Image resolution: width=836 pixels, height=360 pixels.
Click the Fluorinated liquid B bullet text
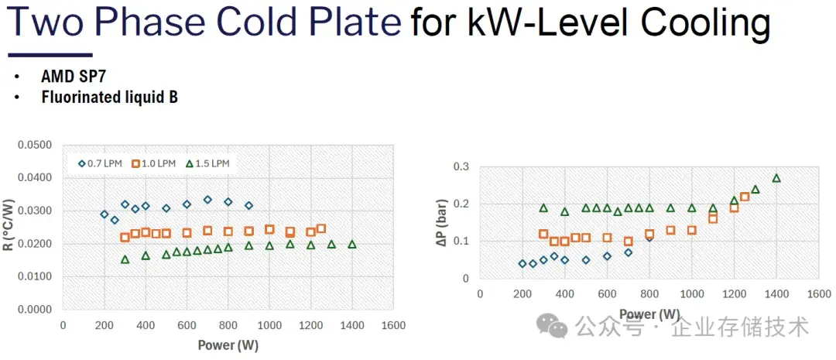109,98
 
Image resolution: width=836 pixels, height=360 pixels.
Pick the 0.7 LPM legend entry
101,163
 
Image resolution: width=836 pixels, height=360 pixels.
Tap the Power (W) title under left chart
228,344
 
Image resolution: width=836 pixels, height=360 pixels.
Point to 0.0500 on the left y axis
35,145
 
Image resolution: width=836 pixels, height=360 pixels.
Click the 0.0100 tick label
35,276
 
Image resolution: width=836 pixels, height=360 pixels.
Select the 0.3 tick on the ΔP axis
462,166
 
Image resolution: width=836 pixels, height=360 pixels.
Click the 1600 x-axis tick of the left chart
393,326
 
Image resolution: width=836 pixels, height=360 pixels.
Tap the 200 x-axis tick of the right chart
522,294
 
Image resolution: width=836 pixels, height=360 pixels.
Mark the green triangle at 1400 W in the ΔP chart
776,178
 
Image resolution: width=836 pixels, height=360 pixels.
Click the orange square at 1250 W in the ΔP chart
745,197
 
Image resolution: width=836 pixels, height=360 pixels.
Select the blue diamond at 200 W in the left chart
104,214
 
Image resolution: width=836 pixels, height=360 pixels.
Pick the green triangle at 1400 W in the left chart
352,244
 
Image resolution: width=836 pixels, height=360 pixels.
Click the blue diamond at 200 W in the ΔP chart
522,264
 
